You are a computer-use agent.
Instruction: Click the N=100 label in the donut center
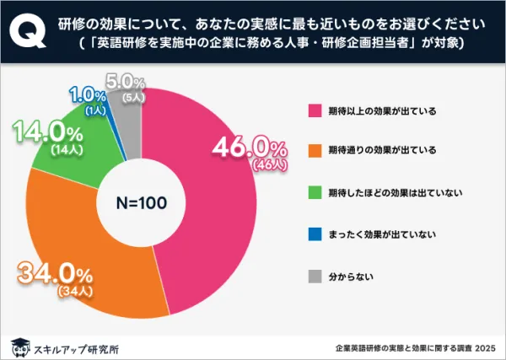click(x=141, y=202)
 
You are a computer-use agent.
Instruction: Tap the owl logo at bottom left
click(x=18, y=346)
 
